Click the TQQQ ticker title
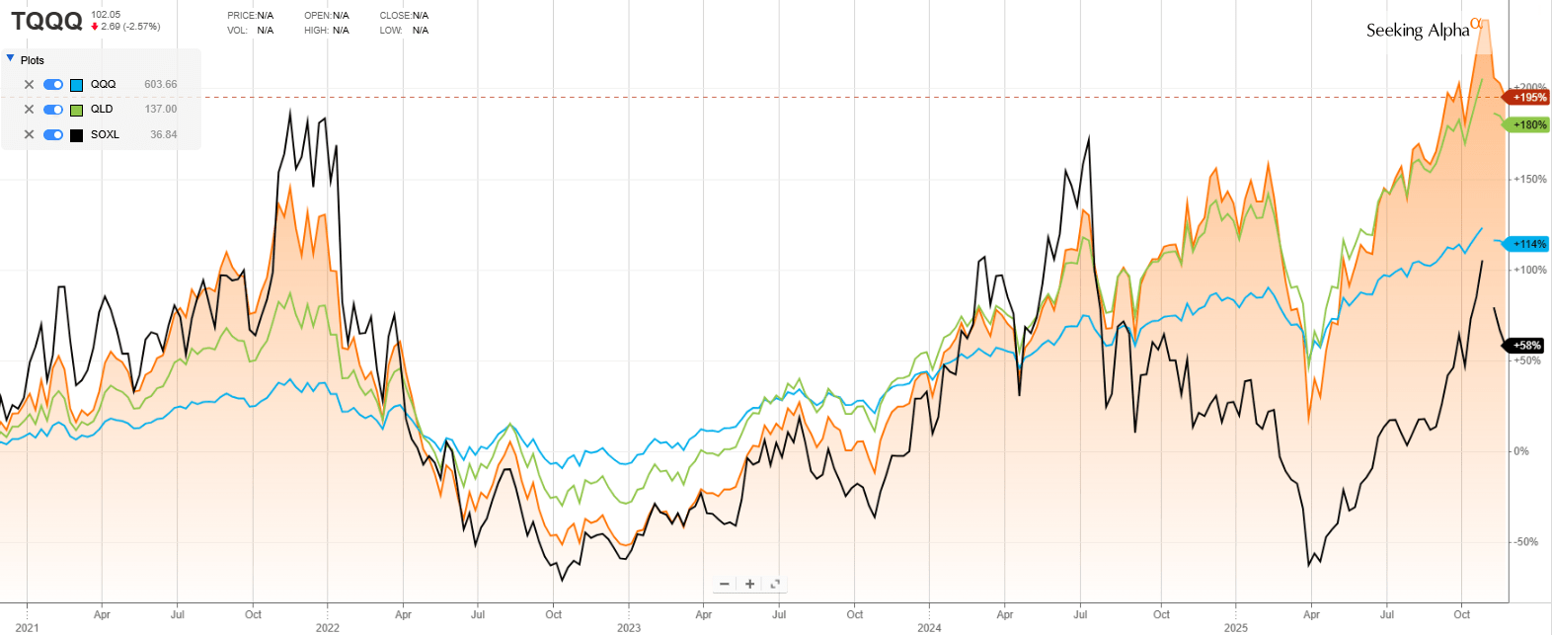click(46, 21)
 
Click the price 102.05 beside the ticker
click(106, 15)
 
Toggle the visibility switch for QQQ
click(53, 85)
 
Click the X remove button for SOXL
click(29, 135)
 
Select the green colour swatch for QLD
click(76, 110)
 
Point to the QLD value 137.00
click(161, 110)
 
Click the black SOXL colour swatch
click(76, 135)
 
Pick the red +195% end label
click(1528, 98)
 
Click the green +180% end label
click(1528, 125)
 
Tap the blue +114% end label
click(1528, 244)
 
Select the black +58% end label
click(1526, 346)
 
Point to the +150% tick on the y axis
click(1530, 180)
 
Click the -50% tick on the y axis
click(1526, 542)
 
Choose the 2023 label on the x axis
click(629, 628)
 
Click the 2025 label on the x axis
click(1235, 628)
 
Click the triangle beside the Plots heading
click(11, 59)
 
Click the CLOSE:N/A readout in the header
click(404, 16)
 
